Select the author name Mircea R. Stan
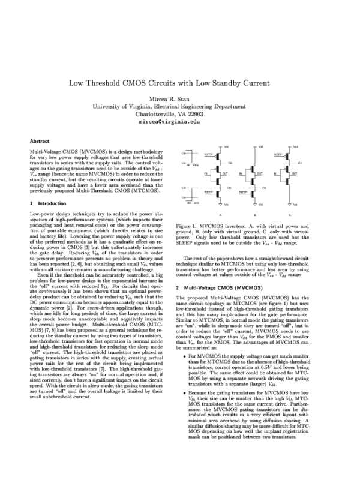pos(179,97)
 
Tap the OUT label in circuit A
pos(226,173)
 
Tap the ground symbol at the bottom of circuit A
pos(220,205)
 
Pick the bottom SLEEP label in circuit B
pos(243,193)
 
